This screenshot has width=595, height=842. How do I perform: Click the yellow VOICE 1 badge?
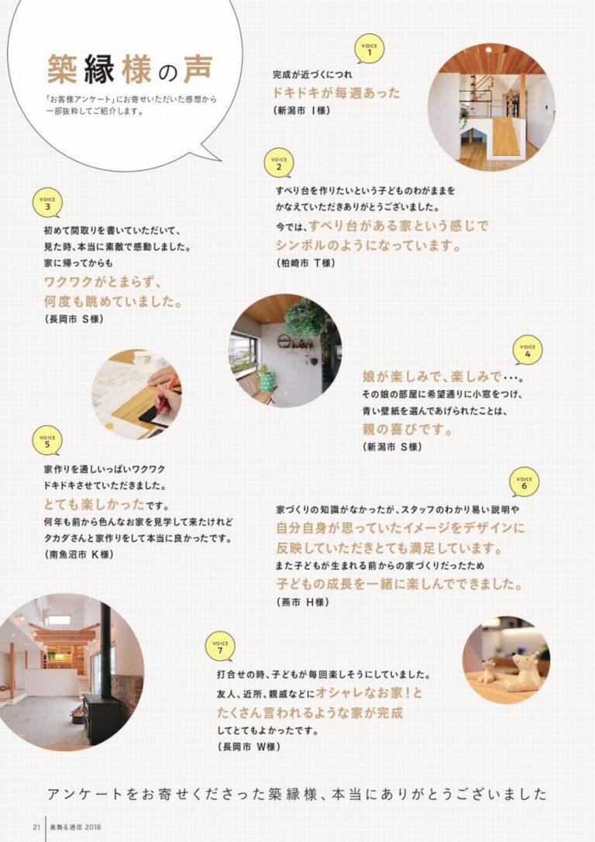tap(370, 49)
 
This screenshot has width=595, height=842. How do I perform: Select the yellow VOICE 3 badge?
tap(47, 203)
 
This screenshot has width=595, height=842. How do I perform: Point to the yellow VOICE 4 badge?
tap(528, 350)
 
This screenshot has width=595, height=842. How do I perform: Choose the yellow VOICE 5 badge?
tap(47, 441)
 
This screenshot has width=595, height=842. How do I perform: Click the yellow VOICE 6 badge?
tap(524, 482)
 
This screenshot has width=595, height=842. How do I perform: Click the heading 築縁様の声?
tap(129, 71)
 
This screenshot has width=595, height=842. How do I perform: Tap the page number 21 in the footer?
tap(36, 826)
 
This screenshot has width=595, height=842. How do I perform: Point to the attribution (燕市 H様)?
tap(301, 602)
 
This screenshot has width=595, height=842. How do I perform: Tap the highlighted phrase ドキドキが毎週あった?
tap(336, 93)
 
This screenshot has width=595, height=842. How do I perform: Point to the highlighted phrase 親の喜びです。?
tap(408, 429)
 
